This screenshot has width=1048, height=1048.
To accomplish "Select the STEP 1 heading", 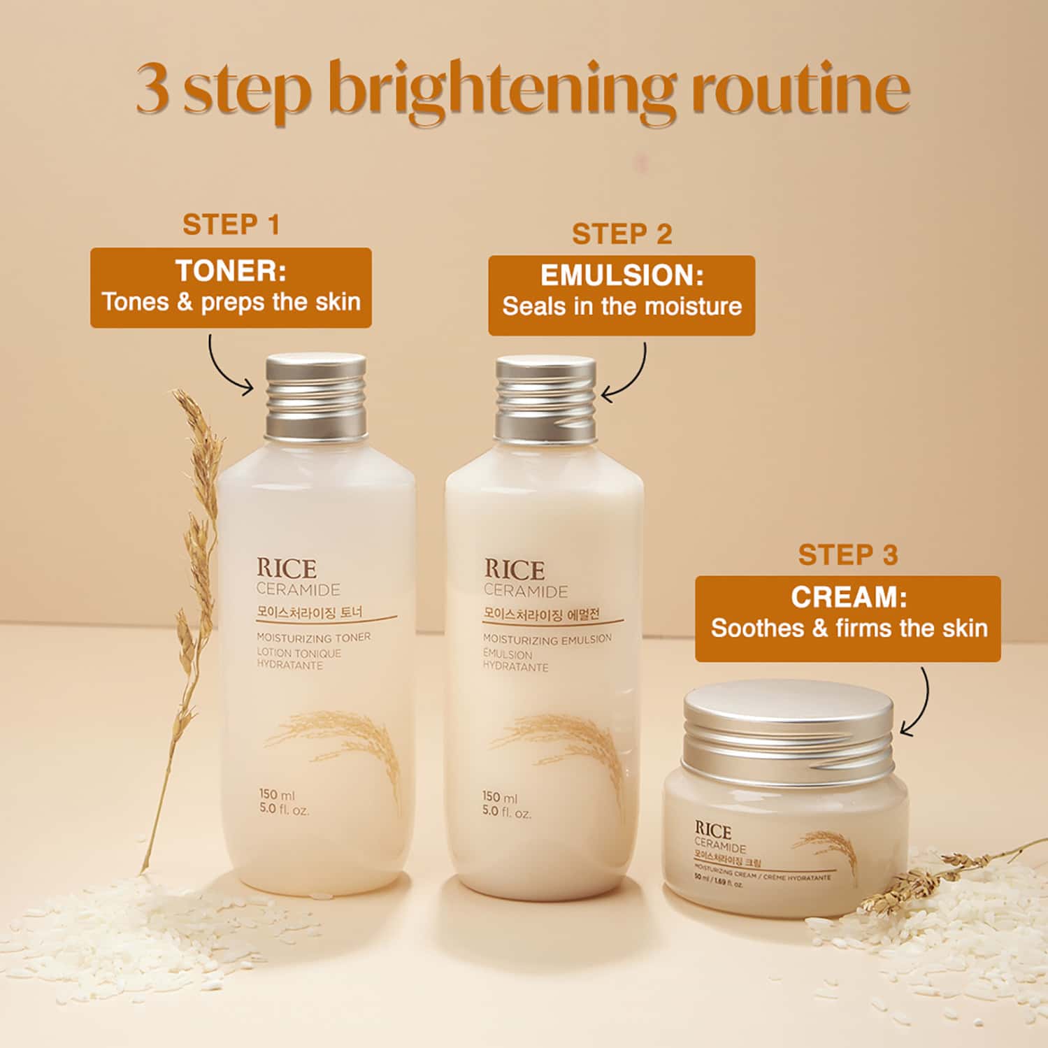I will [231, 225].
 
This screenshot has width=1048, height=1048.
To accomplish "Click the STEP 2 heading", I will [622, 234].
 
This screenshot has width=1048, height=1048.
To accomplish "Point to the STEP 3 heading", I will [847, 555].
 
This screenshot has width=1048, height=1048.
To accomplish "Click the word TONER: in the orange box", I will [231, 271].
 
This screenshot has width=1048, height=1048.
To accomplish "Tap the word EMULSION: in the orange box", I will [622, 275].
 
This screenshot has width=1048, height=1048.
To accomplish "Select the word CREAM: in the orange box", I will [848, 597].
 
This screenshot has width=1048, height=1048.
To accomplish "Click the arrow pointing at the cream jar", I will [920, 703].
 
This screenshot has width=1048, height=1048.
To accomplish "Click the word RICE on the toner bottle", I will [286, 568].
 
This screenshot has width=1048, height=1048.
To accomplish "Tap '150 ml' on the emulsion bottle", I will [499, 797].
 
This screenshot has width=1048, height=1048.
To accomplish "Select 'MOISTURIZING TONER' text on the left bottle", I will [313, 638].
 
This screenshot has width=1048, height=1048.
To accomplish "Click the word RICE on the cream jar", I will [712, 831].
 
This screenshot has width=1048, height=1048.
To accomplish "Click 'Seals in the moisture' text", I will [622, 307].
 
